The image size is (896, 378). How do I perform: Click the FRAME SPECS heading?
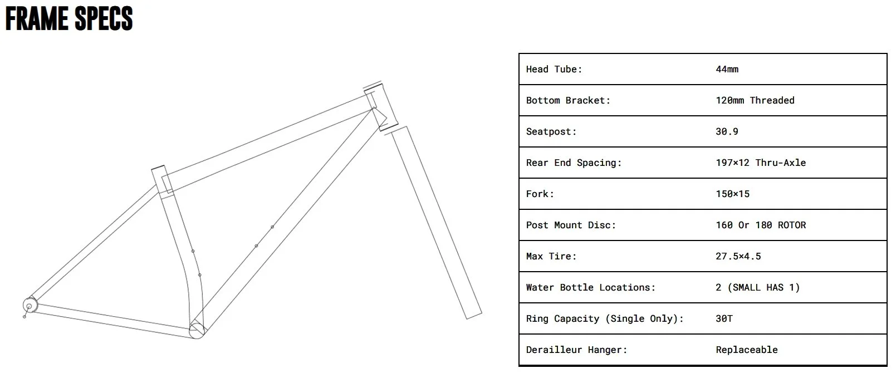(x=69, y=18)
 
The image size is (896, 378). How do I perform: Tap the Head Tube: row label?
(x=554, y=69)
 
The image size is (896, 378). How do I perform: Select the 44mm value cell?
(x=727, y=69)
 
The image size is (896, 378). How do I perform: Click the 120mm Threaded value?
(x=755, y=100)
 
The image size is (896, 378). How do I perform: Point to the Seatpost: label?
(x=551, y=131)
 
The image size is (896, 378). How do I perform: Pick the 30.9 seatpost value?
(x=727, y=131)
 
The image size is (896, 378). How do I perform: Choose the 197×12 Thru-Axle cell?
(x=760, y=163)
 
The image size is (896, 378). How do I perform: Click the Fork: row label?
(x=540, y=194)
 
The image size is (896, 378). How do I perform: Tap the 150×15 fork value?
(x=732, y=194)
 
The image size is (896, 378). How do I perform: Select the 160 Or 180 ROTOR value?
(x=760, y=225)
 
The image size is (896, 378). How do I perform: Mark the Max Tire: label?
(x=551, y=256)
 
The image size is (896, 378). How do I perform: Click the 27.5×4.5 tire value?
(x=738, y=256)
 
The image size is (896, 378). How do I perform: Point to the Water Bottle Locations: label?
(x=590, y=287)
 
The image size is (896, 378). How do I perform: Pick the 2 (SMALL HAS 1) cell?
(x=757, y=287)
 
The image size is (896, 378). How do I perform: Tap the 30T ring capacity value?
(x=724, y=318)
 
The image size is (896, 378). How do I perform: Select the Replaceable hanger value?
(x=746, y=350)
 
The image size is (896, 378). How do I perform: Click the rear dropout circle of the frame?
(x=30, y=306)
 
